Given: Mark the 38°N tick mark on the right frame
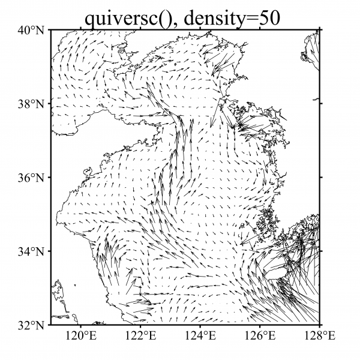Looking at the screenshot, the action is pyautogui.click(x=320, y=104).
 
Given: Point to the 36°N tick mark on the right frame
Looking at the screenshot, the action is pyautogui.click(x=320, y=178).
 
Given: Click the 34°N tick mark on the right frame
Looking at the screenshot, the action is pyautogui.click(x=320, y=251).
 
